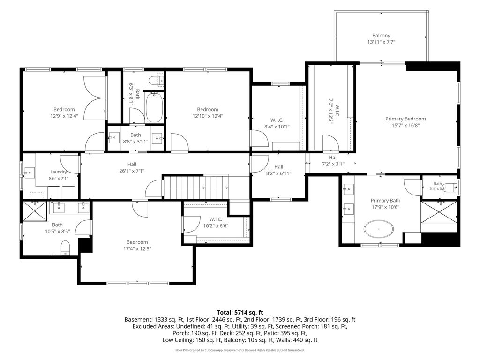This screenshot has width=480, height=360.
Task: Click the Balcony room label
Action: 381,36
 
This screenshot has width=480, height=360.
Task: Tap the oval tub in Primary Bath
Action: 379,229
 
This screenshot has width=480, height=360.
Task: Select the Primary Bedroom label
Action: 405,119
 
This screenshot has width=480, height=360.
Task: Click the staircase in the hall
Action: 196,187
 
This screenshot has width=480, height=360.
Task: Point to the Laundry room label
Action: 59,172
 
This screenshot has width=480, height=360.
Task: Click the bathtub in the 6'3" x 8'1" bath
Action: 154,107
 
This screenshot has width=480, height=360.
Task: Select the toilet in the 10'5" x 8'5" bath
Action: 66,247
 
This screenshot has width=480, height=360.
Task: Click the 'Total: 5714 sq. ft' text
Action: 240,313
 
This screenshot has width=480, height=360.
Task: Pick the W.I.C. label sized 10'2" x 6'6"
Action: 216,219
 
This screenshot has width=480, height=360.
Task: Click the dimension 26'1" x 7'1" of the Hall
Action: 132,171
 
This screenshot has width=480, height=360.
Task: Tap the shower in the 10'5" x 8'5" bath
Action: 36,210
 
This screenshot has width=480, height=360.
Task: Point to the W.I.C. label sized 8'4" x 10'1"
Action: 277,120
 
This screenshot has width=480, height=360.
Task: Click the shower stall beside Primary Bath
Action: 439,212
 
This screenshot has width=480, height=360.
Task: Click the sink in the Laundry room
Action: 30,173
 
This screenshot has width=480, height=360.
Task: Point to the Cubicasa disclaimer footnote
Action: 240,350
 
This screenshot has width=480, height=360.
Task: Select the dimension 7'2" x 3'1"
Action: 333,164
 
